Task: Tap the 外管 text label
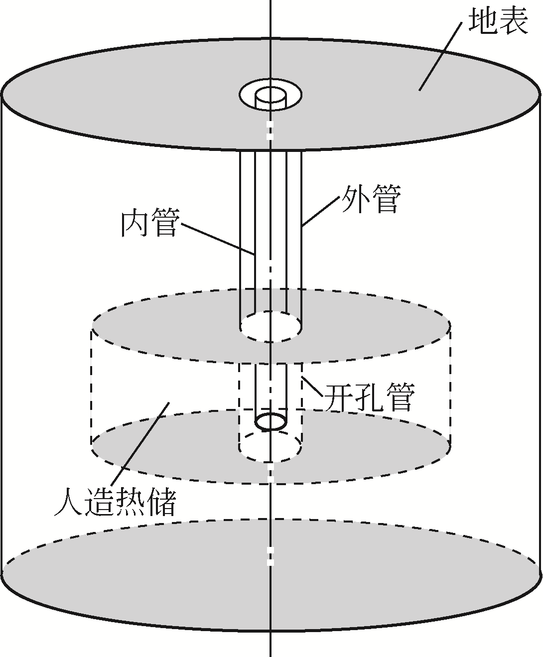(x=370, y=199)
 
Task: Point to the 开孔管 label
(x=369, y=397)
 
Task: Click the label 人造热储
(x=116, y=503)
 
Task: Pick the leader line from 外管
(x=321, y=212)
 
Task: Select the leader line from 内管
(x=219, y=240)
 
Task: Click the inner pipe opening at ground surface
(x=271, y=95)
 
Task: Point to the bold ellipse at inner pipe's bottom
(x=271, y=421)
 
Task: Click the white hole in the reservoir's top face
(x=271, y=327)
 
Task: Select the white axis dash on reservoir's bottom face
(x=271, y=474)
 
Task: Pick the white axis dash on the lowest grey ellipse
(x=271, y=556)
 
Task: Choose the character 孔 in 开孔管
(x=369, y=397)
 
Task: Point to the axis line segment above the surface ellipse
(x=271, y=20)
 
